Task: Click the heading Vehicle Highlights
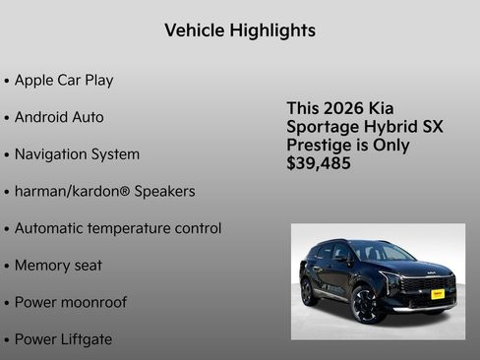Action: point(240,30)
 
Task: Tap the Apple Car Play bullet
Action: point(64,81)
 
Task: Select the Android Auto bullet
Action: point(59,117)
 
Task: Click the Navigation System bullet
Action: point(77,154)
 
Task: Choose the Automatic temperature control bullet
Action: point(118,228)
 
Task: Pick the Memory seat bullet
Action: point(58,266)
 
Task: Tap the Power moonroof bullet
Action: point(70,303)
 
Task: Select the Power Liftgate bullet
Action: point(63,339)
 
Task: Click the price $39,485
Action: point(319,163)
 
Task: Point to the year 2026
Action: point(347,108)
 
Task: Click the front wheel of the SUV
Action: point(368,304)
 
